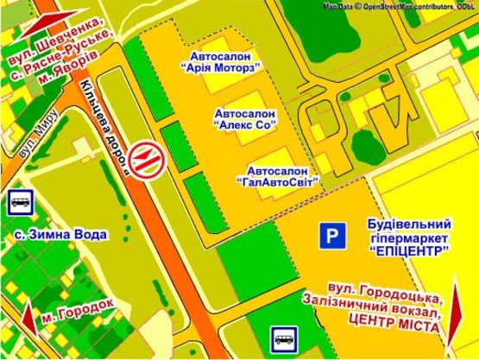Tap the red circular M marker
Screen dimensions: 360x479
(150, 161)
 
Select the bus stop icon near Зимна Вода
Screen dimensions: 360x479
(20, 203)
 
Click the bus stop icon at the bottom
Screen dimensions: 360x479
(284, 338)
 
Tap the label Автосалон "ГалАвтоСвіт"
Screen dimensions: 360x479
(278, 175)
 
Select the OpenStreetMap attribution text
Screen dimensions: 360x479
(399, 5)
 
